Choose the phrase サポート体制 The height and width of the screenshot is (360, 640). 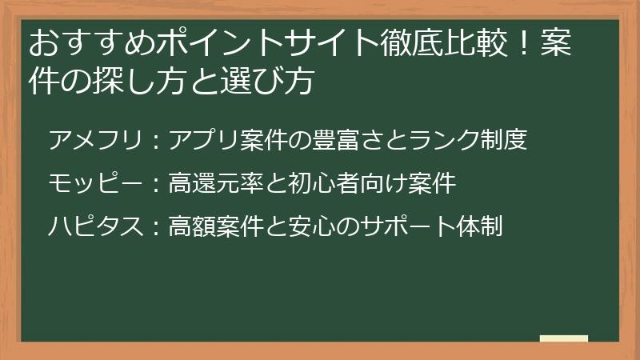tap(433, 227)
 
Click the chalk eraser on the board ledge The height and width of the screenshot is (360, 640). tap(563, 338)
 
